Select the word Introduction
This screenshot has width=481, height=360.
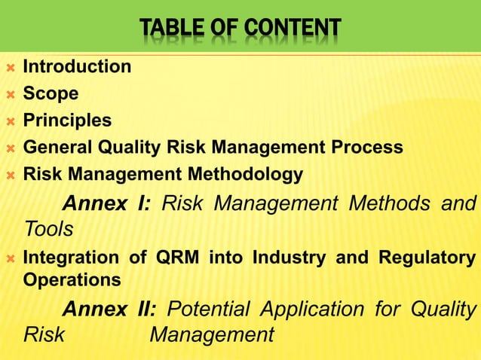(77, 66)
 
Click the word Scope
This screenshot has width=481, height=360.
(51, 94)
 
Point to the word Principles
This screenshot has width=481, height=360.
(67, 121)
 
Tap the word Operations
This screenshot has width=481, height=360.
(72, 280)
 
